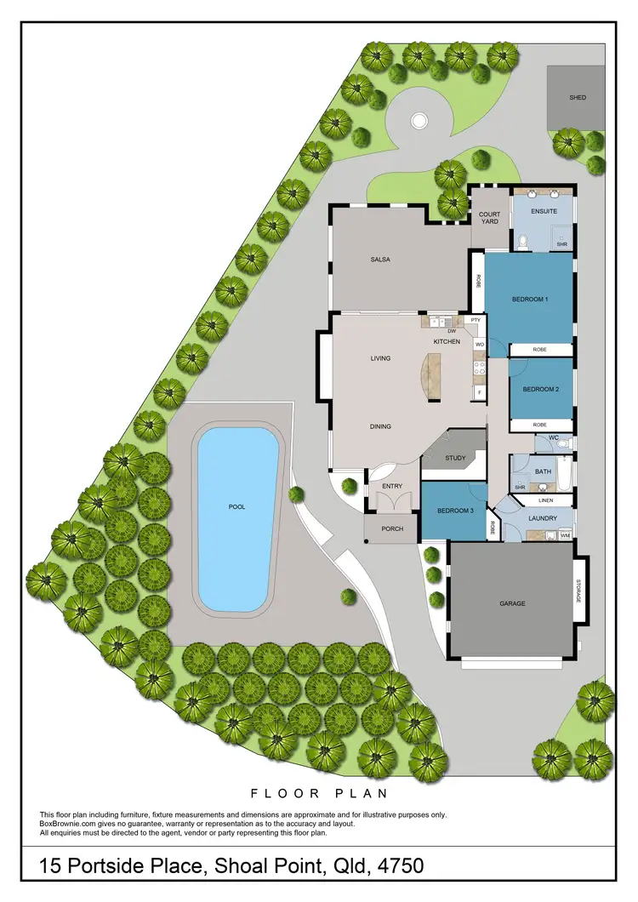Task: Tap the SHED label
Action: pyautogui.click(x=578, y=98)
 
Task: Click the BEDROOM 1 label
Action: pyautogui.click(x=529, y=300)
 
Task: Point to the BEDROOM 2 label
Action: pyautogui.click(x=540, y=390)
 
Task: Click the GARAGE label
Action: pyautogui.click(x=512, y=603)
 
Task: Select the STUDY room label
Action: pyautogui.click(x=455, y=459)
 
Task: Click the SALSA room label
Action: pyautogui.click(x=380, y=260)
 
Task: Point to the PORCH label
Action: pyautogui.click(x=391, y=529)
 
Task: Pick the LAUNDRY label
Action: pyautogui.click(x=542, y=518)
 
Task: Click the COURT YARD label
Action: pyautogui.click(x=489, y=219)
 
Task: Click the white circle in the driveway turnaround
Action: pyautogui.click(x=418, y=122)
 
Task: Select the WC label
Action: pyautogui.click(x=553, y=438)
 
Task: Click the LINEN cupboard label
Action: pyautogui.click(x=545, y=501)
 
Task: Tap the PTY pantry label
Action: pyautogui.click(x=476, y=320)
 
